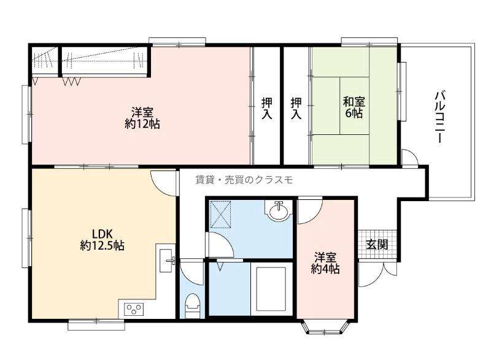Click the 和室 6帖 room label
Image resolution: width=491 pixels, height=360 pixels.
[354, 107]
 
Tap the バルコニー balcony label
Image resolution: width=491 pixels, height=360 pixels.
[439, 117]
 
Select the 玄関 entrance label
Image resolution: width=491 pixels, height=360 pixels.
[377, 244]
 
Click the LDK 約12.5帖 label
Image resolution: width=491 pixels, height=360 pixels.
[102, 239]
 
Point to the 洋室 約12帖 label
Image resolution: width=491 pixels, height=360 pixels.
[142, 118]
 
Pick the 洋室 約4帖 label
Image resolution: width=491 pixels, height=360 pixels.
[325, 263]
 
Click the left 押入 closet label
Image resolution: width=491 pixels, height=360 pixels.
[267, 108]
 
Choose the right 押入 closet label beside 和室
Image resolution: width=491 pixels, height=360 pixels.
[296, 108]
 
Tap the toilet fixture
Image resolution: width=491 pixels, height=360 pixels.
[192, 306]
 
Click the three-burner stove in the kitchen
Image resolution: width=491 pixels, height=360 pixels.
[134, 309]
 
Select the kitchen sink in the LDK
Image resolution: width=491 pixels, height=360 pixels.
[166, 261]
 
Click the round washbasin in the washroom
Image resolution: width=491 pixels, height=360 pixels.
[279, 212]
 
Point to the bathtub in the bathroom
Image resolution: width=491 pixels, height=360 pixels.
[271, 289]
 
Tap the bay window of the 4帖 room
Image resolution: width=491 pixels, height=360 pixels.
[325, 326]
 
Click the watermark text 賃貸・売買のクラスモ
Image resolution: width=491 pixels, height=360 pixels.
[244, 180]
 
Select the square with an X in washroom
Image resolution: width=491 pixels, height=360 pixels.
[220, 215]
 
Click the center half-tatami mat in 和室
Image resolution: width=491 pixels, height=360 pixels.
[355, 105]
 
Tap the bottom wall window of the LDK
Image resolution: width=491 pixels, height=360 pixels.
[96, 324]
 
